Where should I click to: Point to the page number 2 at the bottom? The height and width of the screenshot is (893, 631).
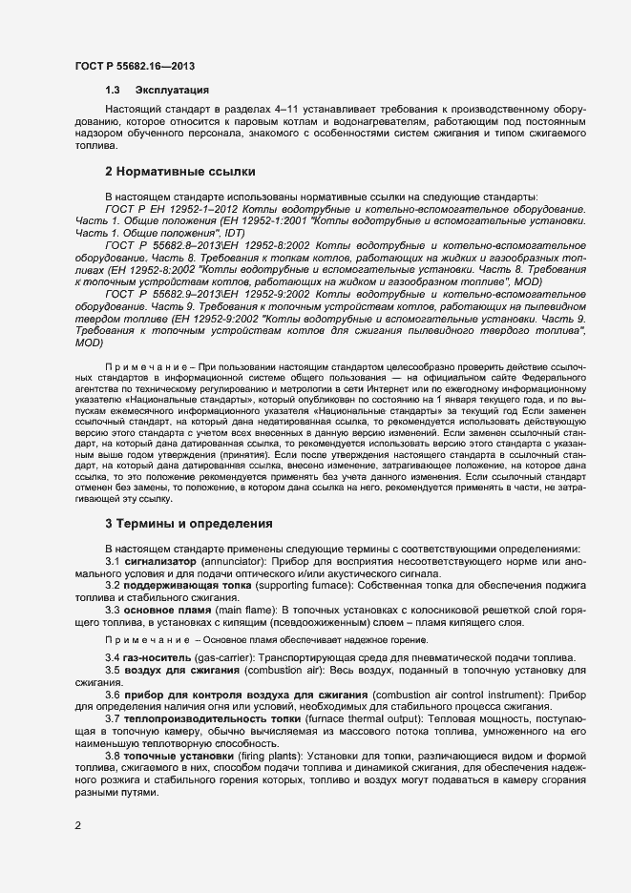tap(78, 826)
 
